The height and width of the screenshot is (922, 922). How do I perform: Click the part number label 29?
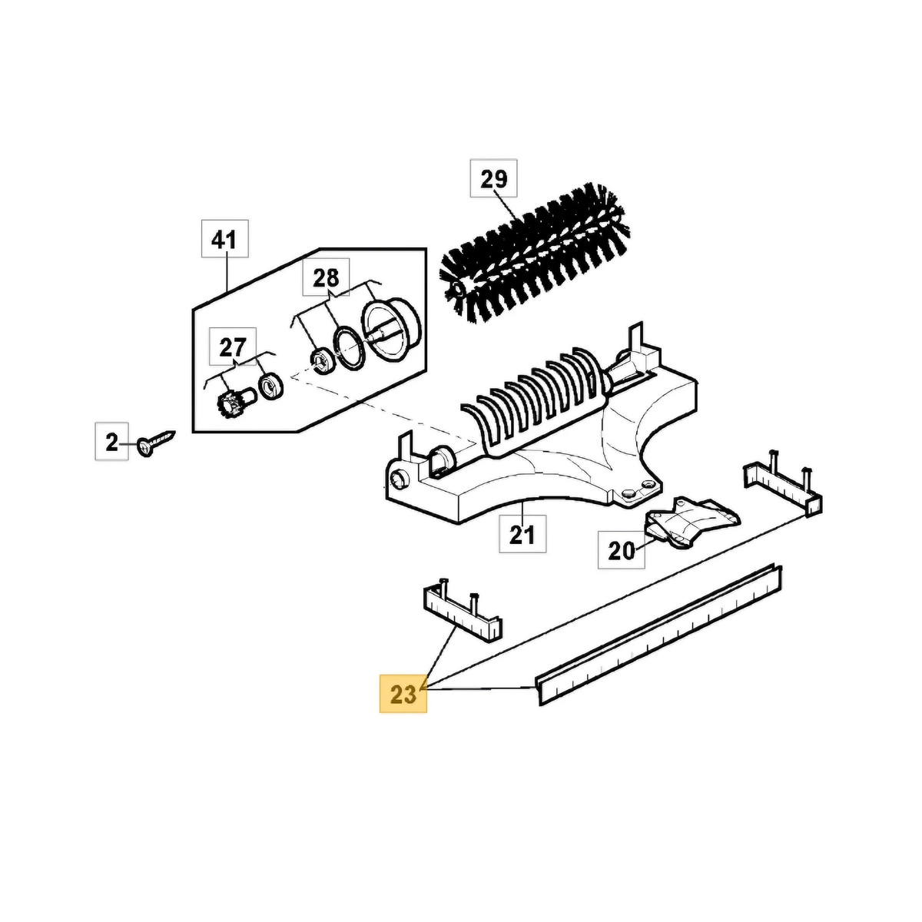[493, 177]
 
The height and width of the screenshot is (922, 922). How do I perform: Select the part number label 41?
[225, 239]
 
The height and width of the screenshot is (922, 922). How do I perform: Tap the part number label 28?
[326, 277]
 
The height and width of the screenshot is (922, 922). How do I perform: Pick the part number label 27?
[233, 347]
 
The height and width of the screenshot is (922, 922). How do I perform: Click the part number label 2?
[112, 441]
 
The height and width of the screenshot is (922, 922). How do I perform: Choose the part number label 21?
[522, 534]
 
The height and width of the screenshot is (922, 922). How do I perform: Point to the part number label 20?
[622, 551]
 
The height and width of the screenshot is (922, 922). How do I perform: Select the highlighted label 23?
[403, 694]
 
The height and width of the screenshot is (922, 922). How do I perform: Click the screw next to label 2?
[156, 442]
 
